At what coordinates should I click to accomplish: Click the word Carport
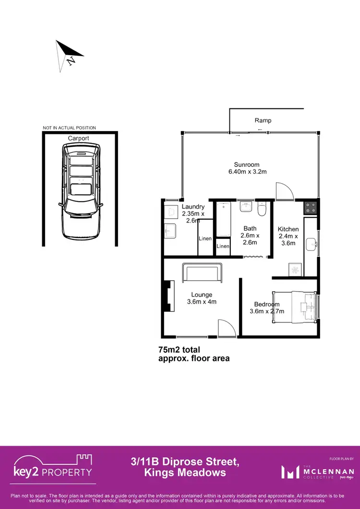pyautogui.click(x=78, y=138)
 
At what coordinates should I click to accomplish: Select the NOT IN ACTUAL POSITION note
pyautogui.click(x=69, y=128)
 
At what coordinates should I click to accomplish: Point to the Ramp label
pyautogui.click(x=263, y=120)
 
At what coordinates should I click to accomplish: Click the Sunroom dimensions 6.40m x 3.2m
pyautogui.click(x=247, y=171)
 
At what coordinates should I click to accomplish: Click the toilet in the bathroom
pyautogui.click(x=262, y=210)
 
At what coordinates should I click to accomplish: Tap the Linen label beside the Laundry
pyautogui.click(x=205, y=238)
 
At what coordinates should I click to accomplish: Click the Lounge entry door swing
pyautogui.click(x=226, y=328)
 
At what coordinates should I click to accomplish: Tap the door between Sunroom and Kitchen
pyautogui.click(x=285, y=191)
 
